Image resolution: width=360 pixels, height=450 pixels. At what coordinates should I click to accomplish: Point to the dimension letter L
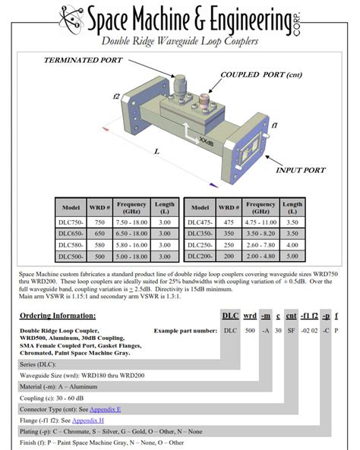[x=156, y=152]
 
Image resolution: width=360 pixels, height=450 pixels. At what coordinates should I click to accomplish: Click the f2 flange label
[x=116, y=96]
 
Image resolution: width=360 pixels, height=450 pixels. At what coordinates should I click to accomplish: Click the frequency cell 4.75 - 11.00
[x=260, y=222]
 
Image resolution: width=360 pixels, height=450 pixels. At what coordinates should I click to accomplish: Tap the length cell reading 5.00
[x=292, y=256]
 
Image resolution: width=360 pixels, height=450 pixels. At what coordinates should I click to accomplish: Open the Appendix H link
[x=92, y=420]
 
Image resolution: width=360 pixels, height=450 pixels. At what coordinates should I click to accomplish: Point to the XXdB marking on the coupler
[x=205, y=141]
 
